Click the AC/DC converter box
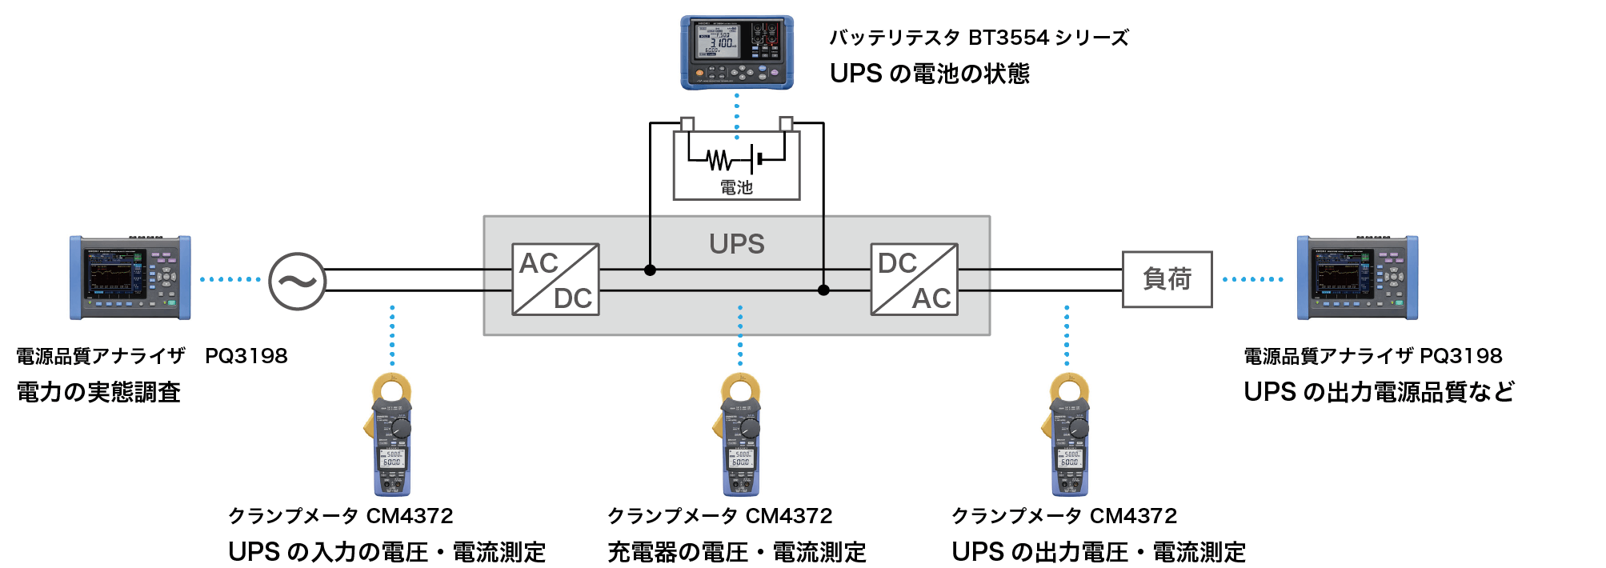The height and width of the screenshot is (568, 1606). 555,279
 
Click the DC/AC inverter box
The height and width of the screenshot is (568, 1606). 914,279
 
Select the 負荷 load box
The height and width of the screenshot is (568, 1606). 1167,279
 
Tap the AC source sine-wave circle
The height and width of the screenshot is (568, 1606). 297,281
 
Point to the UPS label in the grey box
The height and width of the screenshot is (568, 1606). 736,244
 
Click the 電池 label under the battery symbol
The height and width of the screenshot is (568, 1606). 736,187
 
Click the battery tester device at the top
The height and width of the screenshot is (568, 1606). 737,52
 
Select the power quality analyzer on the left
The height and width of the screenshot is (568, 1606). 130,278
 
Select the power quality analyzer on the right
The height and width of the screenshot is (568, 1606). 1357,278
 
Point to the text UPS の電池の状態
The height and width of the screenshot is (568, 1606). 929,74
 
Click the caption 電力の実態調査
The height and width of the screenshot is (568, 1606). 98,392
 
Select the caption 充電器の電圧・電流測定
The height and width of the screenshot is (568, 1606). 736,552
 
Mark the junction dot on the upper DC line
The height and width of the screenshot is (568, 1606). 650,270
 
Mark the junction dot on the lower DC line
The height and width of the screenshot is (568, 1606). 823,290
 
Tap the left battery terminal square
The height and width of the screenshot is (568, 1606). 687,124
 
